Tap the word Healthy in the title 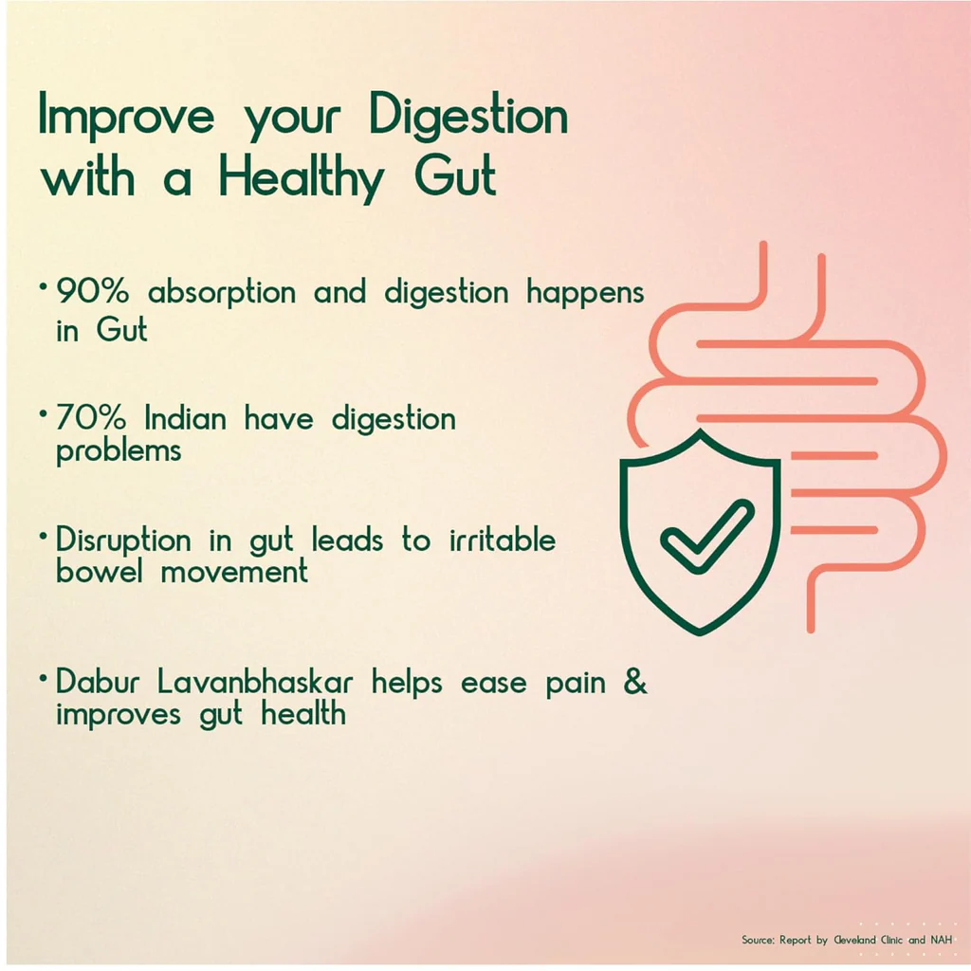coord(302,178)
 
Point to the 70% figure coord(91,417)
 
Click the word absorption coord(222,293)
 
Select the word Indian coord(185,418)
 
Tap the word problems coord(119,451)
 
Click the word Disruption coord(123,540)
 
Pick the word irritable coord(503,540)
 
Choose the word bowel coord(99,570)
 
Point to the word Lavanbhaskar coord(254,682)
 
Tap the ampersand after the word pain coord(634,682)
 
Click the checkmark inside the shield coord(707,536)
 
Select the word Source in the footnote coord(758,940)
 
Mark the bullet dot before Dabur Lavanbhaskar coord(43,678)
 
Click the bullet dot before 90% coord(43,286)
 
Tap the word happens coord(585,293)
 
